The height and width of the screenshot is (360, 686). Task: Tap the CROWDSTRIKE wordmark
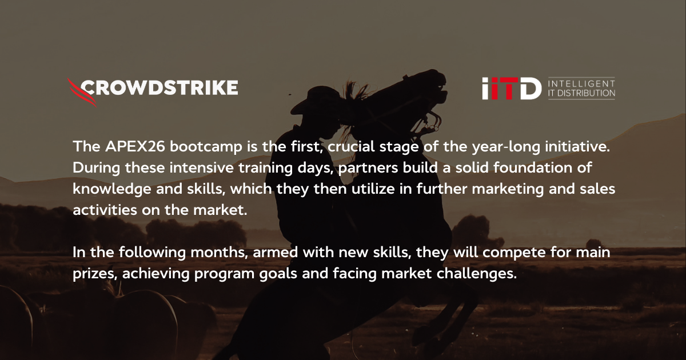[160, 87]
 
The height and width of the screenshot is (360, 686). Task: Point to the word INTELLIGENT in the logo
[581, 83]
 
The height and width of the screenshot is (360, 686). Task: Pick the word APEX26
[124, 147]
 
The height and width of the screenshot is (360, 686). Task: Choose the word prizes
[95, 274]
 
